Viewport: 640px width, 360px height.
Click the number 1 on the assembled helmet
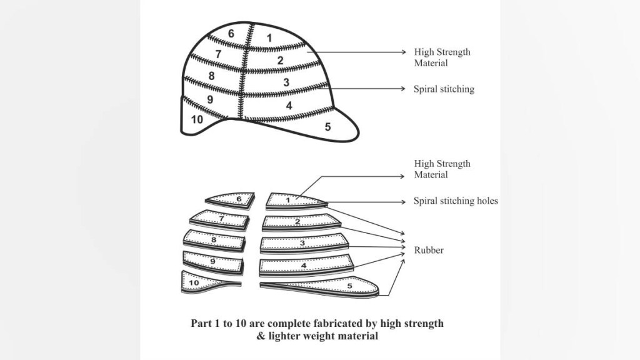(269, 38)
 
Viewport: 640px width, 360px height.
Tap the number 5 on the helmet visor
(327, 127)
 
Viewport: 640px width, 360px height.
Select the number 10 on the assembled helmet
(196, 119)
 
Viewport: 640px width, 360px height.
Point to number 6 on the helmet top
(231, 34)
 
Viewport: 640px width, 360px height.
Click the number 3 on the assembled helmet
(286, 82)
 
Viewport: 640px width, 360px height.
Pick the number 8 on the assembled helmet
(212, 76)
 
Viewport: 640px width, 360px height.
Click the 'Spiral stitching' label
(444, 89)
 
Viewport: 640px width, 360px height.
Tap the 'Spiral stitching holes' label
(456, 201)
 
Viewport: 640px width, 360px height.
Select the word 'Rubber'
(429, 250)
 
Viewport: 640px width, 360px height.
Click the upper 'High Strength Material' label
(442, 57)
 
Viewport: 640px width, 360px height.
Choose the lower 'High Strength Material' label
(442, 169)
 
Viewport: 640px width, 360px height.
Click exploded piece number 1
(288, 200)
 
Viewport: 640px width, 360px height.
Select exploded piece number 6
(238, 199)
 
